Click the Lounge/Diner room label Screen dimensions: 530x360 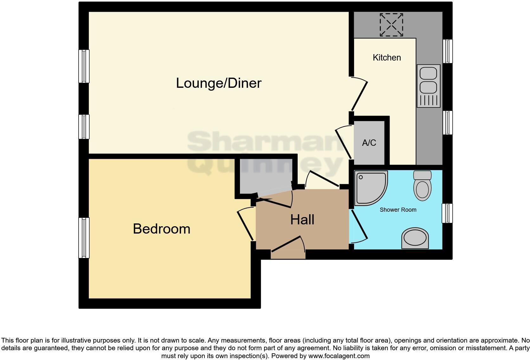(x=219, y=83)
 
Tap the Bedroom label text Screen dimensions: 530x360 (x=162, y=229)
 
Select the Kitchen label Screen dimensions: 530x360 (x=387, y=57)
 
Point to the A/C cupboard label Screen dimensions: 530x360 (x=369, y=143)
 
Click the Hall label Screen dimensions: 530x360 (x=302, y=220)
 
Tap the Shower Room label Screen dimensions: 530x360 (x=398, y=210)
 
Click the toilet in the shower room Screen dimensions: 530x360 (x=422, y=185)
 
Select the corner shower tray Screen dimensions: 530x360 (x=371, y=188)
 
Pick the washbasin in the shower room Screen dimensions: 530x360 (x=415, y=238)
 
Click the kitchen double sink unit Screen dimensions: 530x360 (x=429, y=86)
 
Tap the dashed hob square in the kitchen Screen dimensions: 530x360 (x=391, y=25)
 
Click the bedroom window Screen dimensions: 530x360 (x=84, y=238)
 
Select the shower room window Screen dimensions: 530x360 (x=447, y=213)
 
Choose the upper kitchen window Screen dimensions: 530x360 (x=447, y=51)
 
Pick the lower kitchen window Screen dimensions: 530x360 (x=447, y=123)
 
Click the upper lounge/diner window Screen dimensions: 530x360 (x=84, y=66)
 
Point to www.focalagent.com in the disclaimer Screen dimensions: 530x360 (x=339, y=356)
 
